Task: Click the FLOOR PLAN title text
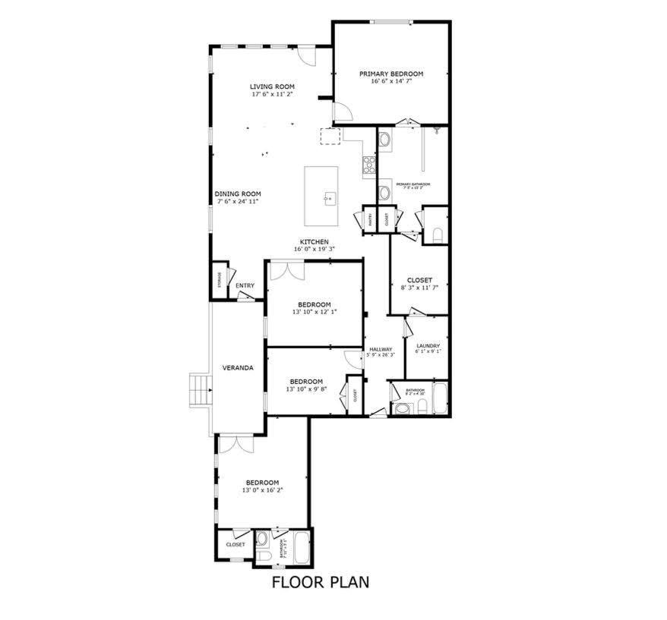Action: pos(321,583)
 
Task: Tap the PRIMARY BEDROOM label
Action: pos(391,74)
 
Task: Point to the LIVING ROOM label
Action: pos(272,87)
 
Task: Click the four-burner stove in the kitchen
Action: pos(369,165)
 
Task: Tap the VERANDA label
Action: pos(237,368)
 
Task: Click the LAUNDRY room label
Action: pos(428,346)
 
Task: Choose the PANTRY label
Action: pos(370,219)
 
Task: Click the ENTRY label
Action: pos(245,286)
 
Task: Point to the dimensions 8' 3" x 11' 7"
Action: pos(419,288)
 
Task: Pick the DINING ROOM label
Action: pos(238,194)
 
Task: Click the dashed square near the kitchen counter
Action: pos(331,137)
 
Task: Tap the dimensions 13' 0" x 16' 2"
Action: pos(261,491)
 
